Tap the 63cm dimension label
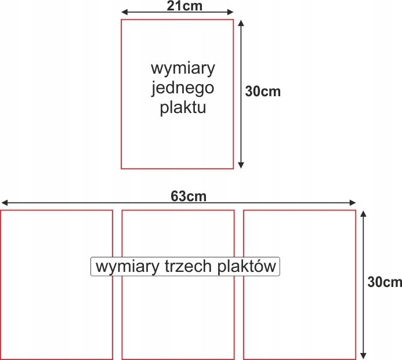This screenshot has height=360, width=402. (x=189, y=196)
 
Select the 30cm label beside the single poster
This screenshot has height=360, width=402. (x=263, y=92)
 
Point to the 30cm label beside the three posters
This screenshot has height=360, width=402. (x=385, y=282)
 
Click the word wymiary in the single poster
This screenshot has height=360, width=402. (x=183, y=68)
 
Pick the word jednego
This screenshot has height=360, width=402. (x=183, y=88)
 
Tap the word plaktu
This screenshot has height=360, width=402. (x=183, y=108)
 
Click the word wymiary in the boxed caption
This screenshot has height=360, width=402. (x=125, y=267)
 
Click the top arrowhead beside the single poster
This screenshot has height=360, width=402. (x=241, y=22)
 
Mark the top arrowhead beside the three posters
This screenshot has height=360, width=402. (x=364, y=214)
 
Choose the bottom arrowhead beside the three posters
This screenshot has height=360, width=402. (x=364, y=355)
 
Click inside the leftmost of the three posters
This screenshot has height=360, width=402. (x=56, y=313)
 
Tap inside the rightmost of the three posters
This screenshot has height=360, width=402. (x=299, y=313)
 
